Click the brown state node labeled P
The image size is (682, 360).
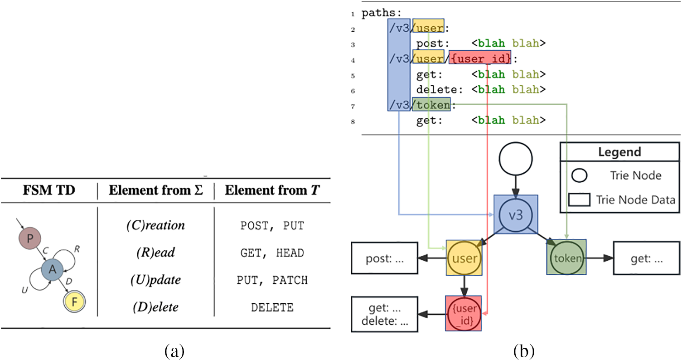point(30,239)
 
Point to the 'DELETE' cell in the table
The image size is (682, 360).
point(272,307)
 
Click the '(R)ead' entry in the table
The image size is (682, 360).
point(156,253)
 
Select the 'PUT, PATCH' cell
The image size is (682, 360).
point(272,280)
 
